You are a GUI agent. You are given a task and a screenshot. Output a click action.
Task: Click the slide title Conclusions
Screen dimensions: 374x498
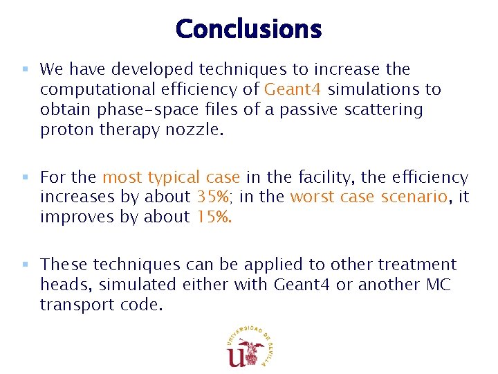[248, 29]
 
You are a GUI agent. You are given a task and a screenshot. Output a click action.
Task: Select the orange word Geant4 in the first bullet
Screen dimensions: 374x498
[294, 89]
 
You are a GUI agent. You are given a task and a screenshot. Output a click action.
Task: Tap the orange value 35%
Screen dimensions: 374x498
[214, 197]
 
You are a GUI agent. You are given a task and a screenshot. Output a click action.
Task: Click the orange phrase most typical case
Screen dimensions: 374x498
[171, 178]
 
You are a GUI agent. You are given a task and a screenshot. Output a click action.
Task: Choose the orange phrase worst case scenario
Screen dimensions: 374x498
[369, 197]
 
